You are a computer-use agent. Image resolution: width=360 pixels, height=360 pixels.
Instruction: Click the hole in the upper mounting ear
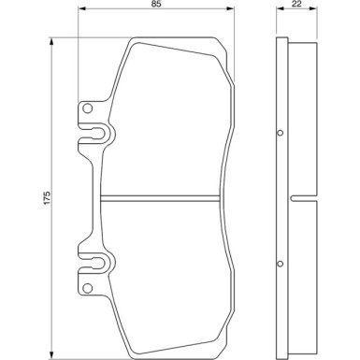coord(89,110)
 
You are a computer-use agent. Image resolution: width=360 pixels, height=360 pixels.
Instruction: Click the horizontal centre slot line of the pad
coord(164,196)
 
